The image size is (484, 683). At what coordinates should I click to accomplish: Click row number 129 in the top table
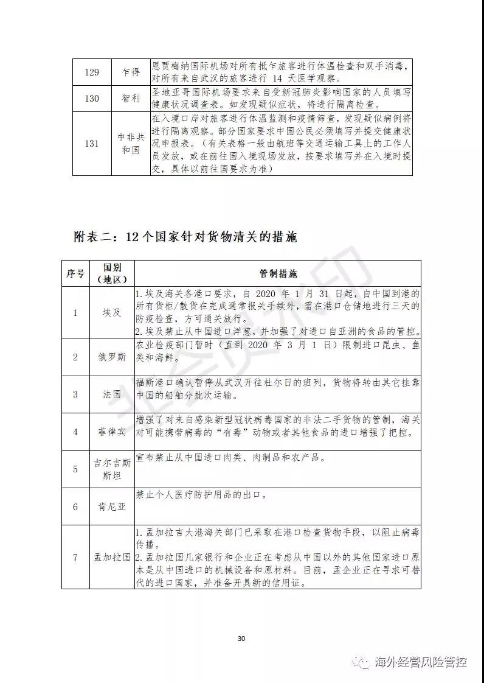click(x=91, y=72)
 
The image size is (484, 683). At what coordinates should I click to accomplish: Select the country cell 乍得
click(x=130, y=72)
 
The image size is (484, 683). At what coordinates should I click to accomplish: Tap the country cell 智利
click(x=130, y=99)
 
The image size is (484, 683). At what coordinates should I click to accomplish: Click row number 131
click(x=91, y=144)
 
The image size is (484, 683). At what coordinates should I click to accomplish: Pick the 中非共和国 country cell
click(x=130, y=144)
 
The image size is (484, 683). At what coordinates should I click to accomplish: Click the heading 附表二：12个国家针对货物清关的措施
click(x=185, y=237)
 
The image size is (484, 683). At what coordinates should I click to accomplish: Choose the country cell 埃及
click(x=112, y=313)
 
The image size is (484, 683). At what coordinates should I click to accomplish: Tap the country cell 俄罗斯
click(x=112, y=357)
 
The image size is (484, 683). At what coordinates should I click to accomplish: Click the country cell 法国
click(x=112, y=394)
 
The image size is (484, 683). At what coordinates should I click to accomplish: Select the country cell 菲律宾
click(x=112, y=432)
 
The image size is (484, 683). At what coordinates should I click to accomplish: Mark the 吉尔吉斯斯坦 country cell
click(x=112, y=469)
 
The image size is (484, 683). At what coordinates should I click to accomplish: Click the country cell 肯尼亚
click(x=112, y=506)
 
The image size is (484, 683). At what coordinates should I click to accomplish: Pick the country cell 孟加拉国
click(x=112, y=557)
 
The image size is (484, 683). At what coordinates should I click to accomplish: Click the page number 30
click(x=241, y=639)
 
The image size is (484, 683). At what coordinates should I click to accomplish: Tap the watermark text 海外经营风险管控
click(x=421, y=662)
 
